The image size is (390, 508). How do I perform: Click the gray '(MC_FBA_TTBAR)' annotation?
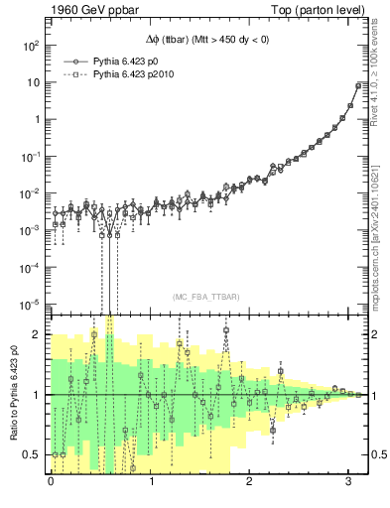[203, 297]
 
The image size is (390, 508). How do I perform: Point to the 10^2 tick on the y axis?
[29, 46]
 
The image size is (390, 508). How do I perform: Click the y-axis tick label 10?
[32, 82]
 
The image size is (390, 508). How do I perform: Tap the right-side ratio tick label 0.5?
[377, 454]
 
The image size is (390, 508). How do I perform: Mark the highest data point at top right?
[358, 85]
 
